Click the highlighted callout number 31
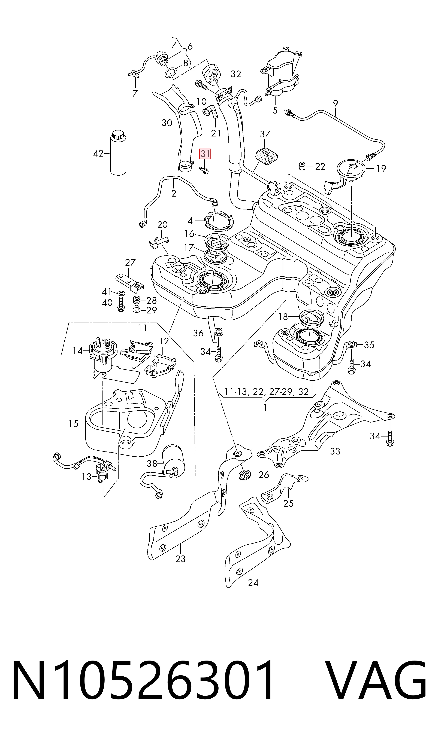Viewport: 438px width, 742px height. pos(205,154)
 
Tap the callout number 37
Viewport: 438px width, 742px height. pos(265,134)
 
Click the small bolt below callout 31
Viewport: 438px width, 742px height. pos(203,170)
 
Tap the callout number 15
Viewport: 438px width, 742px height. pos(74,424)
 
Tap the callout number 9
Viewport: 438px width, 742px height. pos(335,103)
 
